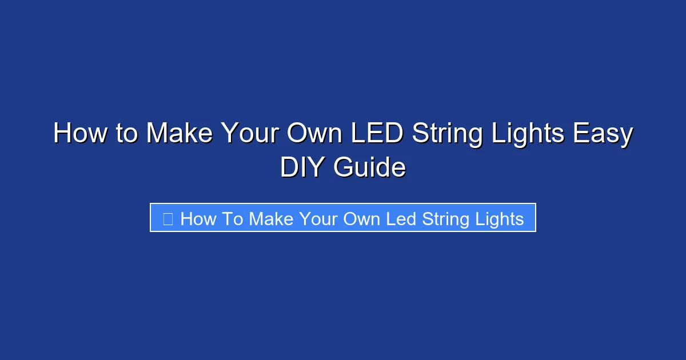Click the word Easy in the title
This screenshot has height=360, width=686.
pos(603,134)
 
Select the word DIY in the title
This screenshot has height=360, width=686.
pos(302,168)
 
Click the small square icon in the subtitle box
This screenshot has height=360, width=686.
pos(168,218)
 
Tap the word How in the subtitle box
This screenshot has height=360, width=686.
pos(198,218)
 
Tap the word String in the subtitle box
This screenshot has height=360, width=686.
pos(446,218)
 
